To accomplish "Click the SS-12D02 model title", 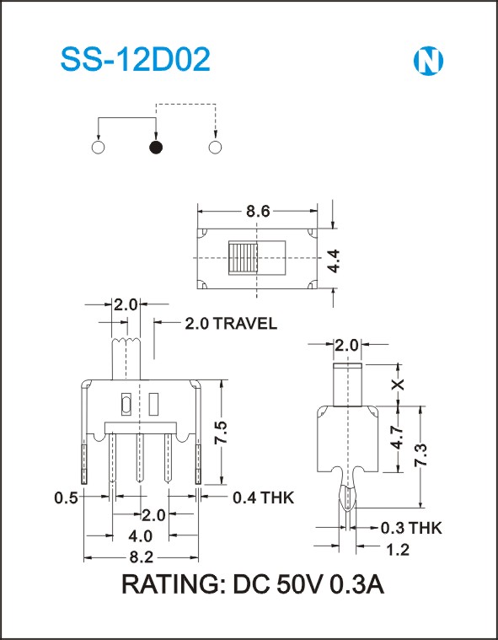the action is coord(135,60).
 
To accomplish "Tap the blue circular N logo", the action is coord(428,62).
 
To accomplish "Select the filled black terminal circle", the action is coord(156,148).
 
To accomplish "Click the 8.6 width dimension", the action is coord(258,212).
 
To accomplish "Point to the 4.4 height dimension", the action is coord(334,261).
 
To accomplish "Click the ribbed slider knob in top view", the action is coord(243,258).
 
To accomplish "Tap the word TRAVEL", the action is coord(245,324).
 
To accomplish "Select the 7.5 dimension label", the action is coord(221,433).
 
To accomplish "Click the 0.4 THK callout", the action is coord(263,497).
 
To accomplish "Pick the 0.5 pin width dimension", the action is coord(66,498).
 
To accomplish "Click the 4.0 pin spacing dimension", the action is coord(140,536).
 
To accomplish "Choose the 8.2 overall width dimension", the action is coord(141,557).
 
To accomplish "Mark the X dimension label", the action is coord(398,384).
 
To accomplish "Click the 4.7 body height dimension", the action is coord(399,438).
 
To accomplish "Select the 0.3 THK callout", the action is coord(411,528).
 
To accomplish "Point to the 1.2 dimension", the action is coord(397,550).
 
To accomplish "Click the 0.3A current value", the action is coord(357,584).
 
